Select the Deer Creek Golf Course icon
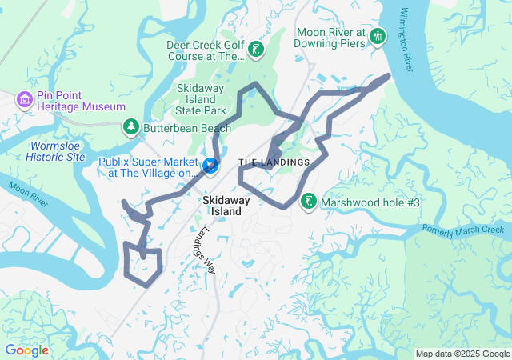pos(255,50)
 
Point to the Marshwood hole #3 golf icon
pos(309,202)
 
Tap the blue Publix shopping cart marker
pos(210,166)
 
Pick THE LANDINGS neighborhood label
pos(274,162)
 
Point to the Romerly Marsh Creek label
pos(466,230)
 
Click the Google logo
pos(26,350)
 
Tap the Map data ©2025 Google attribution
pos(462,354)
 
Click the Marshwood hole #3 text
pos(370,202)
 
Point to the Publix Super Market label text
pos(147,167)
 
